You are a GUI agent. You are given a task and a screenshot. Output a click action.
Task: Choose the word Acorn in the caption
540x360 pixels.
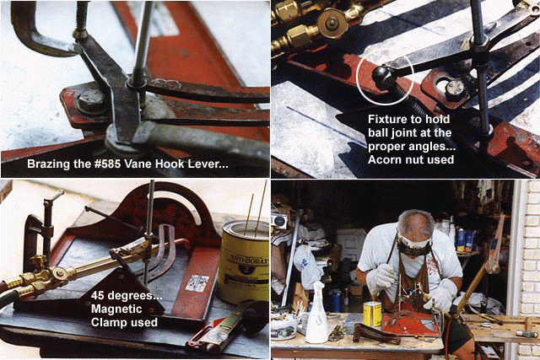(385, 159)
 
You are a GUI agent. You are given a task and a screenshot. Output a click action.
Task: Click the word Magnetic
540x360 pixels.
(116, 309)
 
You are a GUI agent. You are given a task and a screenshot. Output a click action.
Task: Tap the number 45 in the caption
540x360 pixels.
(98, 295)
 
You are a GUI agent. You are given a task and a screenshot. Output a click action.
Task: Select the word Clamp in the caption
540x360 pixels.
(108, 323)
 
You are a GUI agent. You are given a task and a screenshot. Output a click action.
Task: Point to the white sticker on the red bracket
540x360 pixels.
(197, 283)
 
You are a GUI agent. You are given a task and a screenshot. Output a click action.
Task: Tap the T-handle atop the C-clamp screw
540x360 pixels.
(54, 197)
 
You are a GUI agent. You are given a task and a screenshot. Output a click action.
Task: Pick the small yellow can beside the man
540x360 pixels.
(373, 314)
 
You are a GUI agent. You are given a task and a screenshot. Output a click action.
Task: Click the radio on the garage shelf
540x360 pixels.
(280, 221)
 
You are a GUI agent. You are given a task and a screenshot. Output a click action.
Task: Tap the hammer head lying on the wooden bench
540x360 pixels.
(526, 334)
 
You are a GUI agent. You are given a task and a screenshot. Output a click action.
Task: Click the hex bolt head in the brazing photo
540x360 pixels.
(91, 100)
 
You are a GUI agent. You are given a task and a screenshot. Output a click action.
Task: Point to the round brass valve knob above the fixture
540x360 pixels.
(332, 23)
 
